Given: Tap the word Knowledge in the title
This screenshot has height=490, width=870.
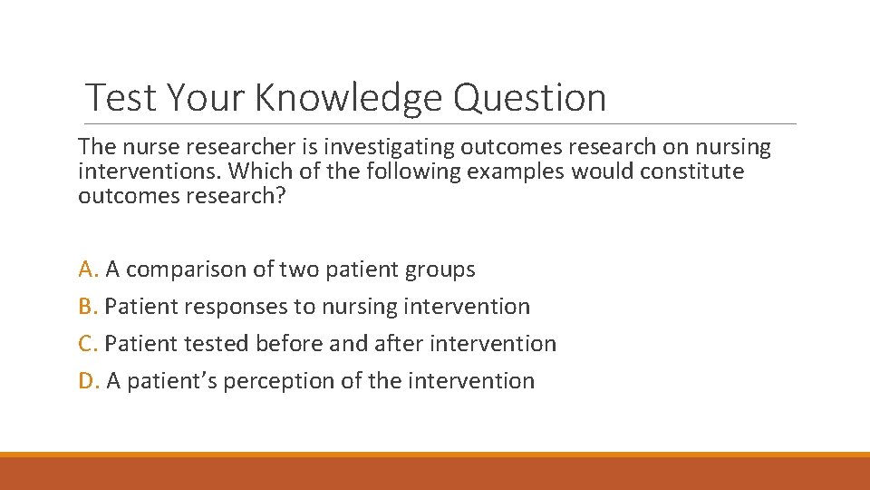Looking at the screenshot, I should point(347,98).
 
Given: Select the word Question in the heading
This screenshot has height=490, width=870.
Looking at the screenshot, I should point(529,98).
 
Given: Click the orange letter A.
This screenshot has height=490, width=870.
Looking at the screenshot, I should point(87,269).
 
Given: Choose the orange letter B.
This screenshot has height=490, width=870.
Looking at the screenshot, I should point(86,307).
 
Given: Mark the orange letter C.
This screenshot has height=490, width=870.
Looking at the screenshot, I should point(86,344).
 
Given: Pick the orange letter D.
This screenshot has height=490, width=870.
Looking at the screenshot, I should point(87,381).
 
